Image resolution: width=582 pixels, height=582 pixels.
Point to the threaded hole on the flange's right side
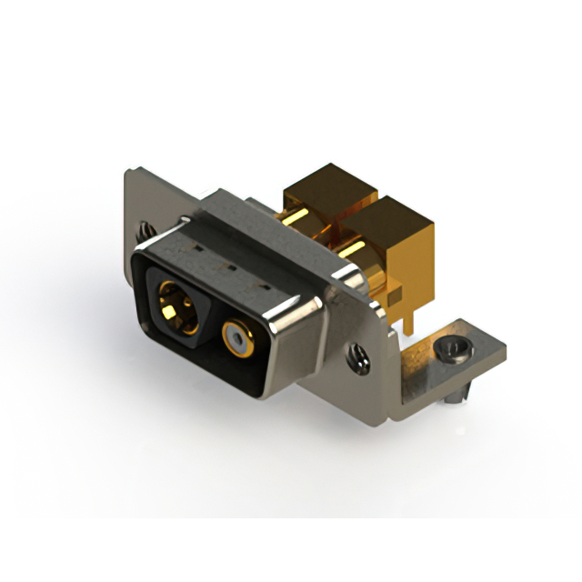(x=358, y=357)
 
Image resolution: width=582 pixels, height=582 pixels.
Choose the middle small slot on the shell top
(x=227, y=267)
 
